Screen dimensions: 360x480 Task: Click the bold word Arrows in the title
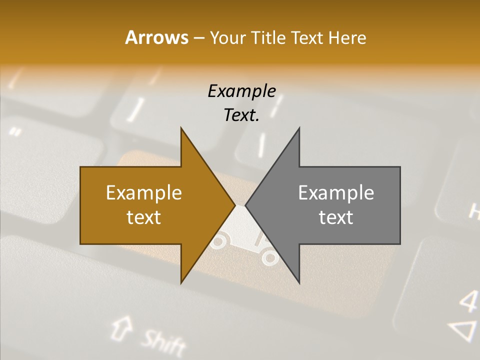156,38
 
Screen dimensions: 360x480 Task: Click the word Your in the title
227,38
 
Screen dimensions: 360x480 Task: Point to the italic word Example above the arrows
241,91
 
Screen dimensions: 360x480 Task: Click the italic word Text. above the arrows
241,115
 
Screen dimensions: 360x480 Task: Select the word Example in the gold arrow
144,192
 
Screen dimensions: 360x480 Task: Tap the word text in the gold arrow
144,217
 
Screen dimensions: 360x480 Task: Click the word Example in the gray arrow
336,192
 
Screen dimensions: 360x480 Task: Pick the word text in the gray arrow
336,217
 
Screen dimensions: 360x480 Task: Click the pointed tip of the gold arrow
234,205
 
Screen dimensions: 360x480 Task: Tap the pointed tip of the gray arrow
246,205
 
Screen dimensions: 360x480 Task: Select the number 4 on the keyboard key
468,301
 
